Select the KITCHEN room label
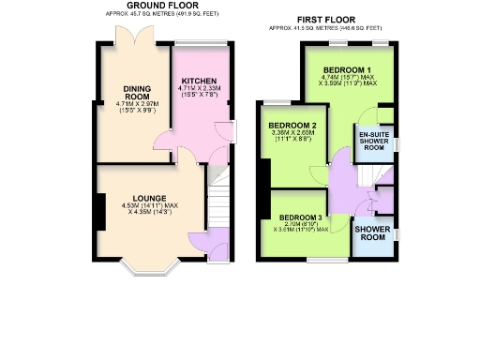point(199,81)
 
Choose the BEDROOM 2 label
point(292,126)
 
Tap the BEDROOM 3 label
point(300,217)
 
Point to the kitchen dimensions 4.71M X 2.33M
point(199,93)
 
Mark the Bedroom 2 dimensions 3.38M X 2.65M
point(292,137)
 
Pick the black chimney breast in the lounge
point(97,209)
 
